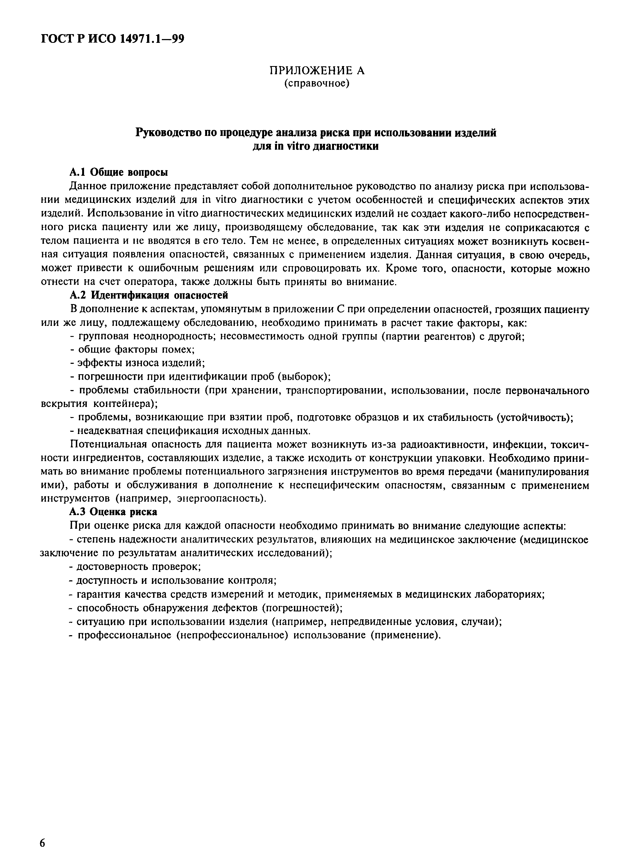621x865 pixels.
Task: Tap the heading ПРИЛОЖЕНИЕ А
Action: pyautogui.click(x=317, y=70)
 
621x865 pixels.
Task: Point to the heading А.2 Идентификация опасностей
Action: pyautogui.click(x=149, y=295)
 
